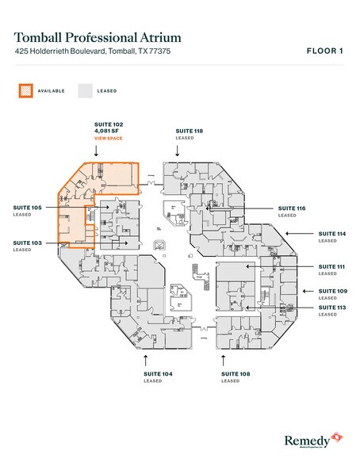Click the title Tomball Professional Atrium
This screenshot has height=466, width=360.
pyautogui.click(x=98, y=36)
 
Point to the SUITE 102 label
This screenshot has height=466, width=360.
pyautogui.click(x=107, y=124)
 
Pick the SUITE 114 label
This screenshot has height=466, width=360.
pyautogui.click(x=332, y=234)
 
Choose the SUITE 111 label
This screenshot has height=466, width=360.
pyautogui.click(x=332, y=266)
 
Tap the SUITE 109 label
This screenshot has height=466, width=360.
pyautogui.click(x=332, y=291)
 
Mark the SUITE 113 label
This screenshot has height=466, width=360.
pyautogui.click(x=332, y=307)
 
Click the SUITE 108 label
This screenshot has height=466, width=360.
pyautogui.click(x=236, y=372)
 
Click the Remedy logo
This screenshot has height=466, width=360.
pyautogui.click(x=311, y=440)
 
